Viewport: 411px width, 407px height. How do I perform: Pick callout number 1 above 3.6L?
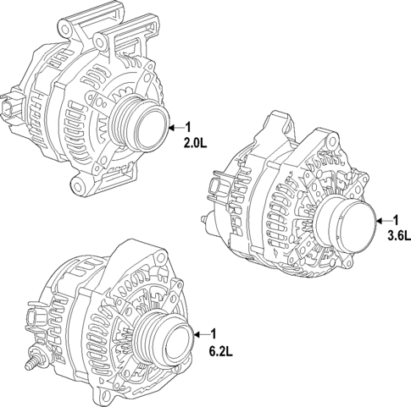[x=394, y=218]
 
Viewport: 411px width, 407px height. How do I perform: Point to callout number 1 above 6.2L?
[x=214, y=332]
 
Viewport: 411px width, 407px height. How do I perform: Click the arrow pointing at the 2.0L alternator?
[x=175, y=127]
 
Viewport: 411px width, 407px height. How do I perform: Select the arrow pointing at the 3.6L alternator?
[x=380, y=218]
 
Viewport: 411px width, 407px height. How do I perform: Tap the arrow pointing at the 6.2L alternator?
[x=199, y=332]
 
